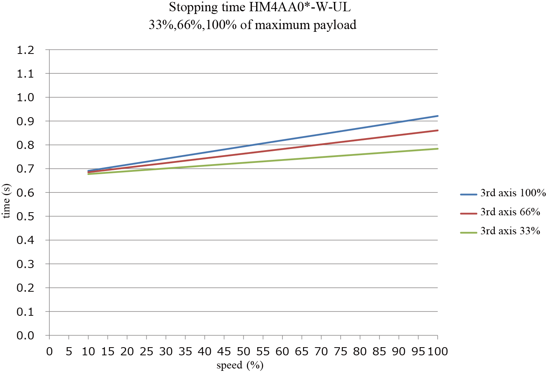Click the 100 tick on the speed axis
438,351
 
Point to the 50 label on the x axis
243,351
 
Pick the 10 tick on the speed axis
88,351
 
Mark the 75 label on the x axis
340,351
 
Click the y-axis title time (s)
7,201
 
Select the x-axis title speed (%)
240,365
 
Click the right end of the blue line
437,116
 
